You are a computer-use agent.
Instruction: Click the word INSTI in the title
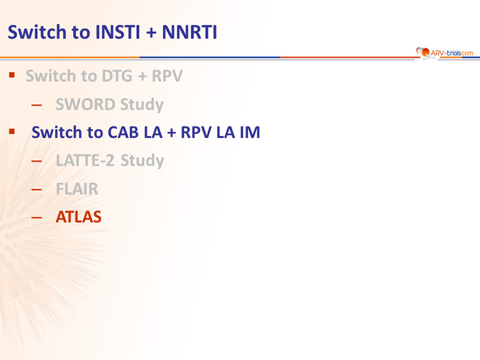(x=118, y=32)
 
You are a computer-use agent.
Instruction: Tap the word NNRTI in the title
(x=190, y=32)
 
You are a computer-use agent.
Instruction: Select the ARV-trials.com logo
(x=445, y=53)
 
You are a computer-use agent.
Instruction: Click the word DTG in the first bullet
(x=117, y=76)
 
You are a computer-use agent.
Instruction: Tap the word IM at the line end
(x=250, y=132)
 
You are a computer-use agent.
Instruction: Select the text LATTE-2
(x=85, y=160)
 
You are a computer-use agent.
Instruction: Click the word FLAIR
(x=77, y=188)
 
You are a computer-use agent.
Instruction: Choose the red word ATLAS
(x=79, y=217)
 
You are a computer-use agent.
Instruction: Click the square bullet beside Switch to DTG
(x=12, y=74)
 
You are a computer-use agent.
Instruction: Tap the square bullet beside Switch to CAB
(x=12, y=131)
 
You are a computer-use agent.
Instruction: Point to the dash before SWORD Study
(x=37, y=106)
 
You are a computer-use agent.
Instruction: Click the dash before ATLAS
(x=37, y=218)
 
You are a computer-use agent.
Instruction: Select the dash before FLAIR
(x=37, y=190)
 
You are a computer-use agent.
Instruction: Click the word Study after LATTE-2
(x=142, y=161)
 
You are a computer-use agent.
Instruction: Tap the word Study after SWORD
(x=142, y=105)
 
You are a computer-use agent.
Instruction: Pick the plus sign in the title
(x=151, y=32)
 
